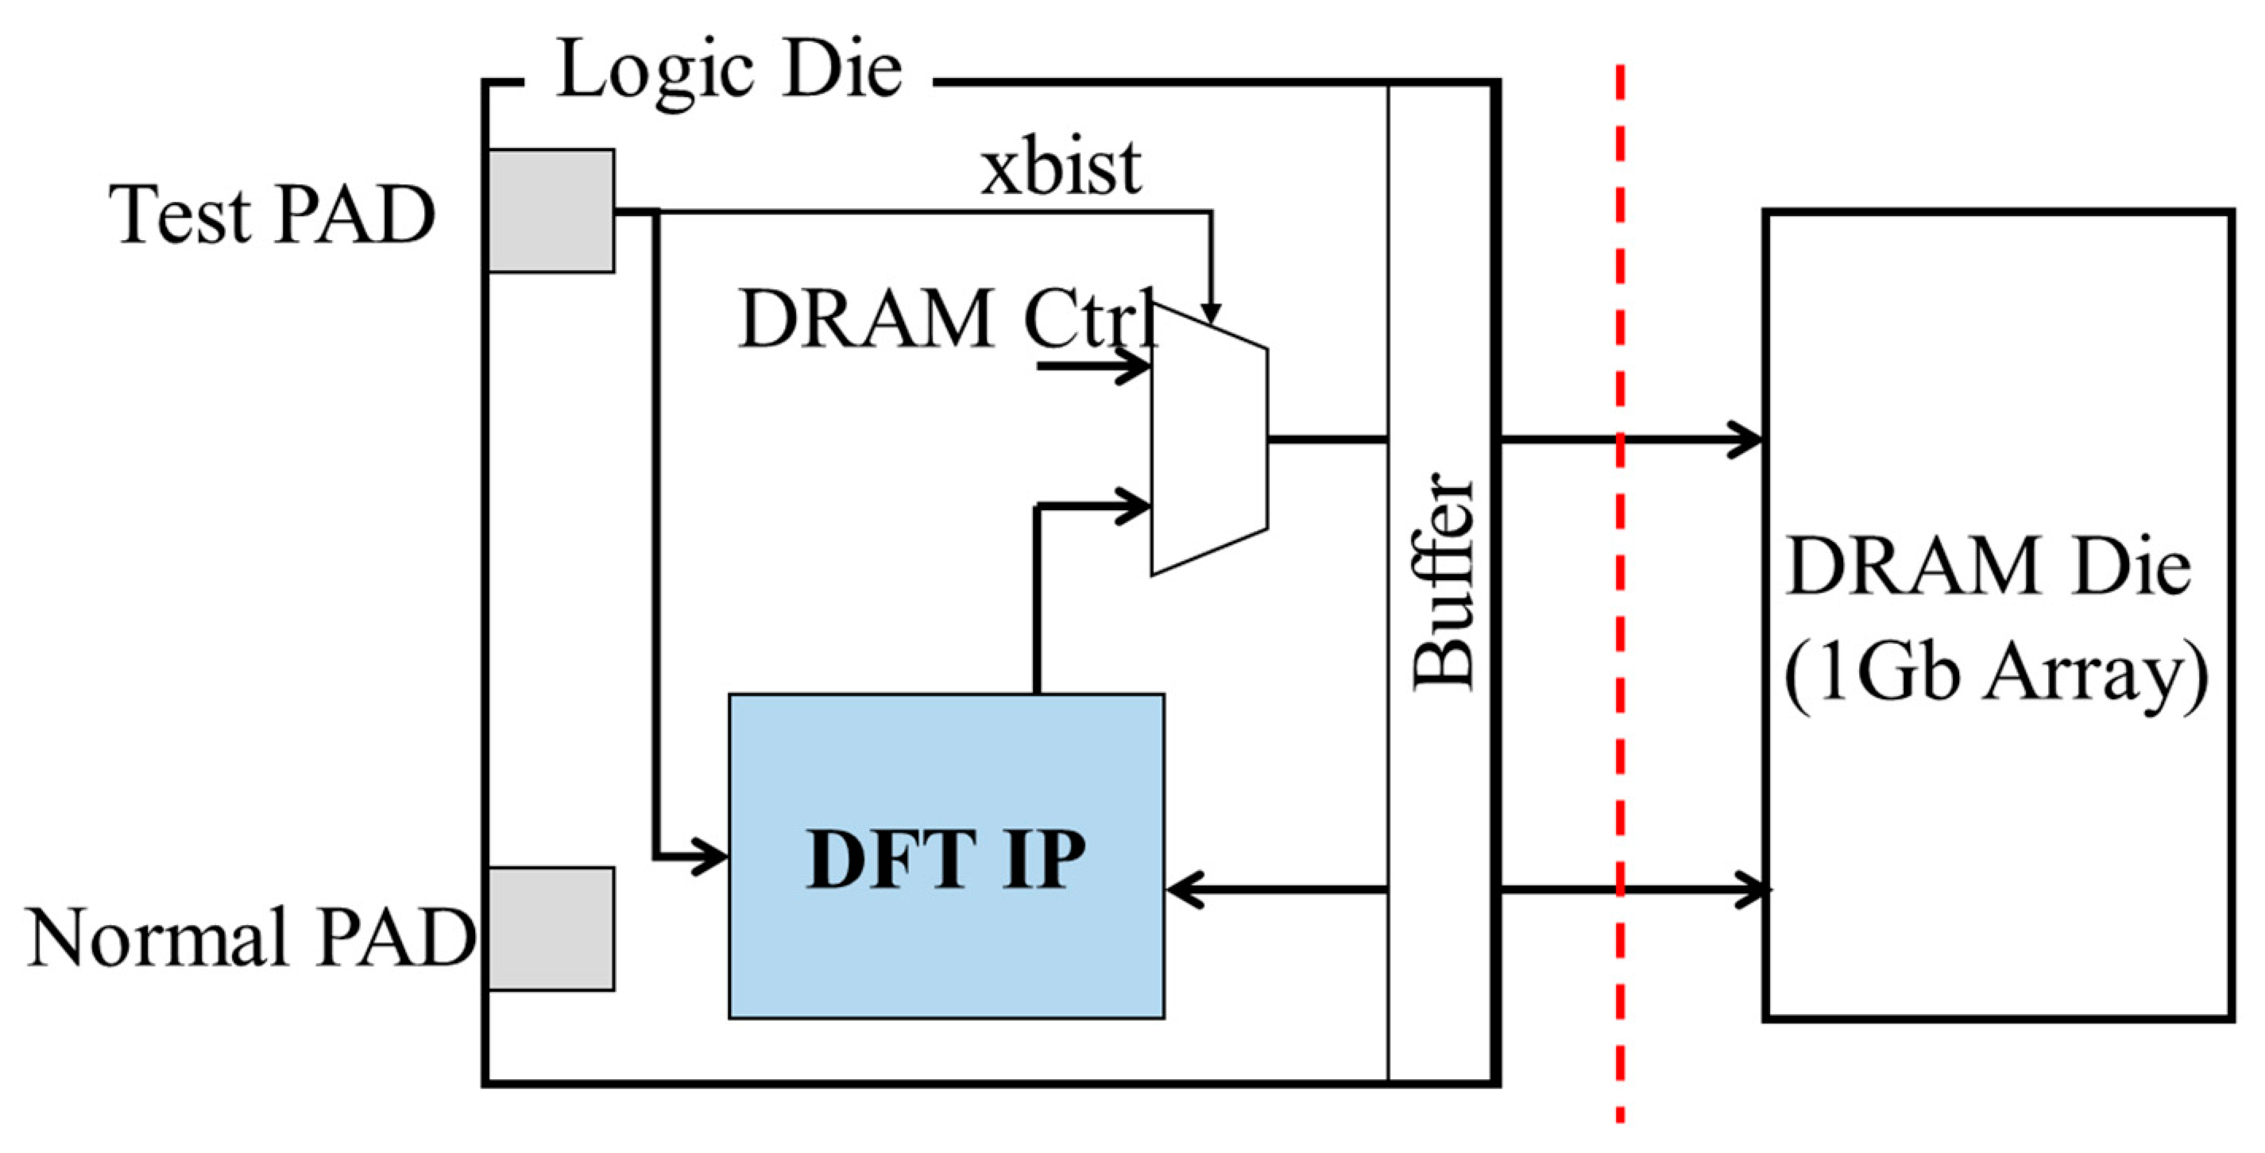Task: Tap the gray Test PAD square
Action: coord(551,211)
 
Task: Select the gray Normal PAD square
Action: coord(551,929)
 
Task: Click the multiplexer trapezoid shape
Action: coord(1210,439)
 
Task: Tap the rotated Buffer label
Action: coord(1442,580)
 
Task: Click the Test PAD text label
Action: coord(272,215)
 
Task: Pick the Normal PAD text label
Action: coord(250,938)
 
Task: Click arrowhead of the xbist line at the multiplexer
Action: coord(1211,313)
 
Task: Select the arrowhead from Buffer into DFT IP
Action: coord(1183,890)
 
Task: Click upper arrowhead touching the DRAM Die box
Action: coord(1745,439)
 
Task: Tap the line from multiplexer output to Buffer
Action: coord(1328,438)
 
